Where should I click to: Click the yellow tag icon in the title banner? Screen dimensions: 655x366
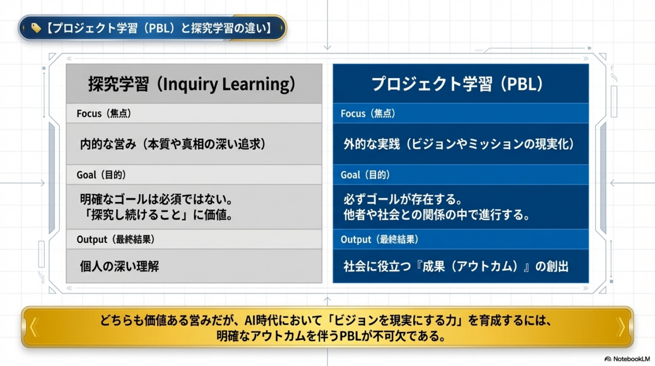pyautogui.click(x=36, y=28)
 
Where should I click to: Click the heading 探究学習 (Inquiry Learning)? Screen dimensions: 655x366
pyautogui.click(x=192, y=84)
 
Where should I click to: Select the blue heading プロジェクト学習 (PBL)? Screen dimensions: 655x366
pyautogui.click(x=457, y=84)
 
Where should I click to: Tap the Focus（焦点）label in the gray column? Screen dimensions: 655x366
pyautogui.click(x=104, y=114)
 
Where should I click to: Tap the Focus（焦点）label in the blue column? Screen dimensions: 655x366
pyautogui.click(x=368, y=114)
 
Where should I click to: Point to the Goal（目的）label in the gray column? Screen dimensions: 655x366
pyautogui.click(x=101, y=175)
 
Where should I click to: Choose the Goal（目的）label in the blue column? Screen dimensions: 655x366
pyautogui.click(x=365, y=175)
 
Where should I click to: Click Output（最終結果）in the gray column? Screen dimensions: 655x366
pyautogui.click(x=116, y=240)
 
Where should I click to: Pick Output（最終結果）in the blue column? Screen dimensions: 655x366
pyautogui.click(x=379, y=240)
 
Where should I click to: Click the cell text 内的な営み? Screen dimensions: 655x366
pyautogui.click(x=108, y=144)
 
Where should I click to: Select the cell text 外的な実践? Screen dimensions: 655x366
pyautogui.click(x=372, y=144)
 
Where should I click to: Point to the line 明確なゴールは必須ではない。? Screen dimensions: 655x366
pyautogui.click(x=157, y=199)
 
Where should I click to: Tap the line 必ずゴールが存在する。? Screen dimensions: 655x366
pyautogui.click(x=403, y=199)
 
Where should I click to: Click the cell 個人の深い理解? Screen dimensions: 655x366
pyautogui.click(x=120, y=267)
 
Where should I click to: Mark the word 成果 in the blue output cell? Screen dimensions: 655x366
pyautogui.click(x=433, y=267)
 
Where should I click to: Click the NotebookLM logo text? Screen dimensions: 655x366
pyautogui.click(x=632, y=359)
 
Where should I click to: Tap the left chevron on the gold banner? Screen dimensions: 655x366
pyautogui.click(x=34, y=327)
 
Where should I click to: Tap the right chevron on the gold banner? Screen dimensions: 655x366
pyautogui.click(x=620, y=327)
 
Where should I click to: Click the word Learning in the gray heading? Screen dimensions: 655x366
pyautogui.click(x=256, y=85)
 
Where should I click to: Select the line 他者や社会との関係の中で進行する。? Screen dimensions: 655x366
pyautogui.click(x=437, y=215)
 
